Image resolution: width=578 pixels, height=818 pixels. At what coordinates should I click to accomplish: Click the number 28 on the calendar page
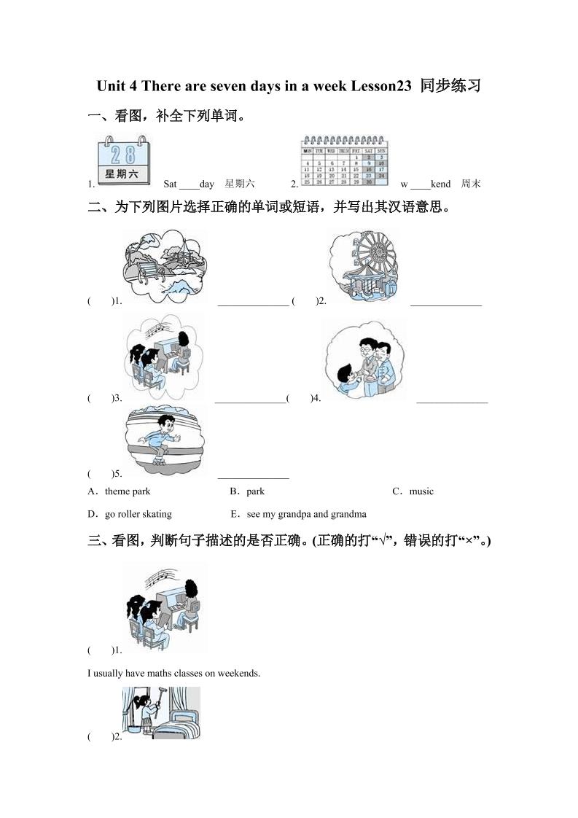123,154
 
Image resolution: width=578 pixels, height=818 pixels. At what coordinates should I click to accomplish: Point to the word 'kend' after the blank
440,184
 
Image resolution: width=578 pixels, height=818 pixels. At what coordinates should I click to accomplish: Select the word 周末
471,184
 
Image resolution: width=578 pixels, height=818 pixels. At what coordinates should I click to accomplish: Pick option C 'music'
421,491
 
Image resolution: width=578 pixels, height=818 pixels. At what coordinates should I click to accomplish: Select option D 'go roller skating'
138,514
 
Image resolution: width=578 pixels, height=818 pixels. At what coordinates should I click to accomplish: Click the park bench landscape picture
165,265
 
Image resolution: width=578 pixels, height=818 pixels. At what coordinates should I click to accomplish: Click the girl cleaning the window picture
160,712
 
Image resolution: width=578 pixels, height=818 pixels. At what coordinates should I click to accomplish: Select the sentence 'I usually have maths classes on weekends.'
173,673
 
